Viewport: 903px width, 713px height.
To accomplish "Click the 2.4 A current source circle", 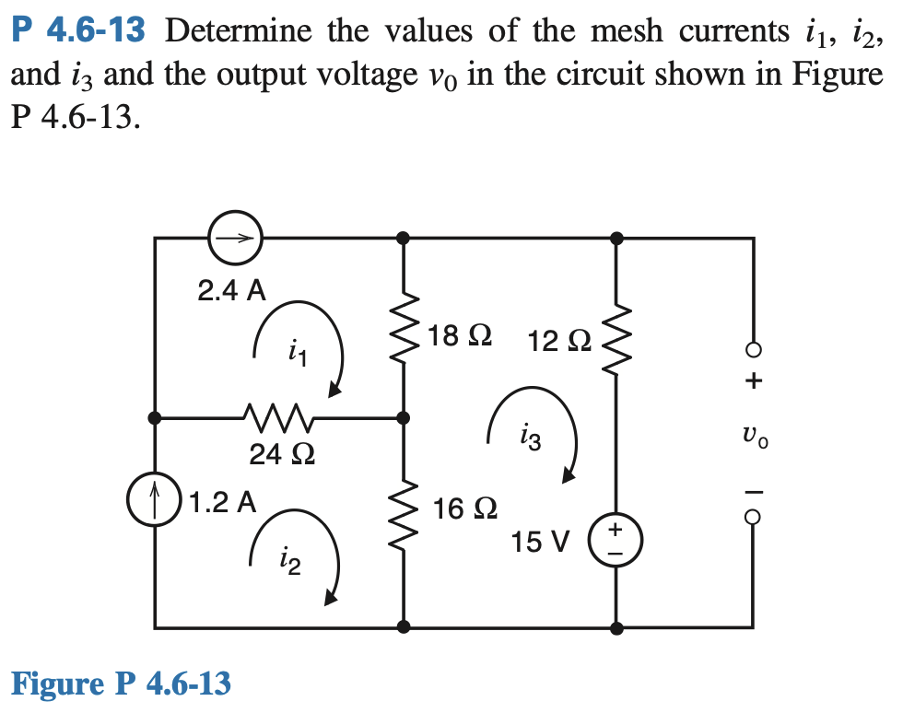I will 234,239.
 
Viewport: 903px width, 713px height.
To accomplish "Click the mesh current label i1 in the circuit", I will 295,349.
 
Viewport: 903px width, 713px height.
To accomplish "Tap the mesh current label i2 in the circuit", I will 290,559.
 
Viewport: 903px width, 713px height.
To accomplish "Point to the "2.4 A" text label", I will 231,291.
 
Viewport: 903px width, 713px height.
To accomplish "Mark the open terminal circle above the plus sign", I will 754,350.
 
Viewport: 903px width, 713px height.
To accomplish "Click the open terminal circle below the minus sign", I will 754,518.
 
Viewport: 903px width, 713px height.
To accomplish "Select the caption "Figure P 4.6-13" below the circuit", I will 121,684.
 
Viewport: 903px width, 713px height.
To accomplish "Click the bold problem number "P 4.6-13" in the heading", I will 79,31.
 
